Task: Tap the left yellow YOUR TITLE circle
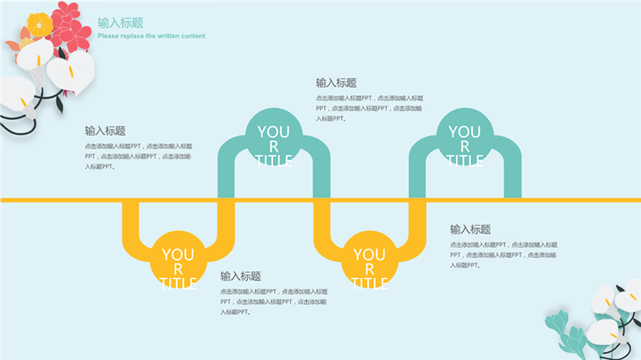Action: click(179, 259)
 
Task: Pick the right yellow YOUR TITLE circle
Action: click(369, 259)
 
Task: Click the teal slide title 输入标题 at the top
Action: click(120, 23)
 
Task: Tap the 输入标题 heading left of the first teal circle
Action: click(105, 131)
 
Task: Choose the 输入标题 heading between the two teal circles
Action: click(336, 83)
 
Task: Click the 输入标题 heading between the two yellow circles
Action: click(241, 276)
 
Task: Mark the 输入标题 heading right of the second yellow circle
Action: click(470, 229)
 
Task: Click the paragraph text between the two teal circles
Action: click(369, 108)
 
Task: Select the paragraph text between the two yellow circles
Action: click(274, 301)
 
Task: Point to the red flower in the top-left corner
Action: click(71, 27)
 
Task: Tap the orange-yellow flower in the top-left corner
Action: click(38, 24)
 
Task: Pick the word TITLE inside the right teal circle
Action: click(464, 161)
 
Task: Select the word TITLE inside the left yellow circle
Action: click(179, 284)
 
